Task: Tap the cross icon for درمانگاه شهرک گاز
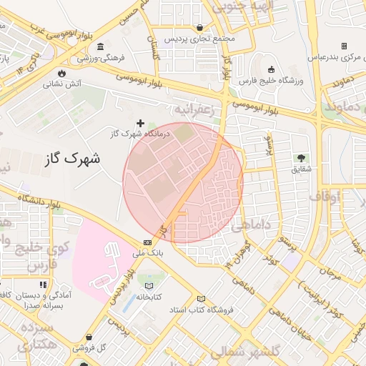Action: click(x=141, y=124)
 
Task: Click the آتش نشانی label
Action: click(x=63, y=84)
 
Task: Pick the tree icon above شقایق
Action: click(x=300, y=158)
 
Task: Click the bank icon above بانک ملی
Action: click(x=147, y=242)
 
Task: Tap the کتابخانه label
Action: click(x=149, y=295)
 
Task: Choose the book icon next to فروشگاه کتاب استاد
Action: click(x=200, y=298)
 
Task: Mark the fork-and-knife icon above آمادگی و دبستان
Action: click(x=43, y=284)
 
